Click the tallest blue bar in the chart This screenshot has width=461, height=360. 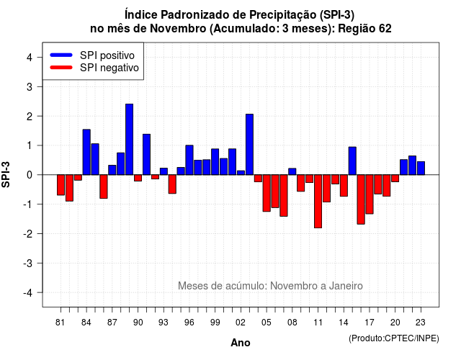click(129, 139)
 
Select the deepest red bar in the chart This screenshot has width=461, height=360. click(318, 202)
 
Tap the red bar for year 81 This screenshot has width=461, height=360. click(61, 185)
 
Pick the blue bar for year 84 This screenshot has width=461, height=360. click(86, 152)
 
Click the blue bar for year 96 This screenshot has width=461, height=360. click(189, 160)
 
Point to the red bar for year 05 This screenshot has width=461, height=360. click(267, 193)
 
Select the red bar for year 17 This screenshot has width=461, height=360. click(370, 194)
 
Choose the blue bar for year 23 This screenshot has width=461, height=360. click(421, 168)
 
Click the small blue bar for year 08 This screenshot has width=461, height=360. click(292, 171)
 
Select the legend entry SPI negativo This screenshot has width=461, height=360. click(94, 68)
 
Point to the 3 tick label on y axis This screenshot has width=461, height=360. click(30, 86)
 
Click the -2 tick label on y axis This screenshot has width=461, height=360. click(28, 233)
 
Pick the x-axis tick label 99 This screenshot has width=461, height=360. click(215, 323)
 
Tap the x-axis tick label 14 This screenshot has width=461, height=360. click(344, 323)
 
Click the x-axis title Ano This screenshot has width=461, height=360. click(241, 343)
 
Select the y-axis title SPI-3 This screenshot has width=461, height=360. click(6, 174)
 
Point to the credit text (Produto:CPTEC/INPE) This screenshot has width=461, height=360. click(394, 338)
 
